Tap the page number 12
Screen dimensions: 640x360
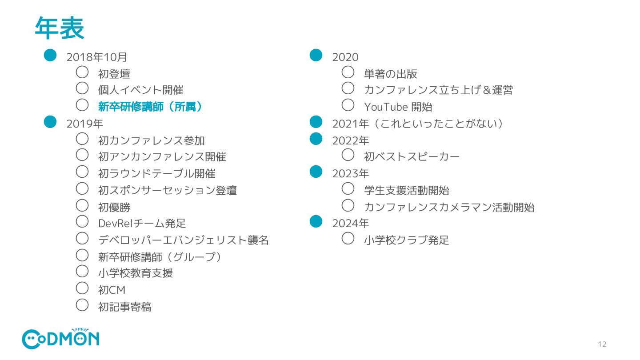[x=602, y=344]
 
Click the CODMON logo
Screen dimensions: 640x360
[x=60, y=339]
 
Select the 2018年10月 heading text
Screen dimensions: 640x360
[x=97, y=57]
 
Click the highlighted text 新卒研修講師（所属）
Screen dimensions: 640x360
[x=150, y=107]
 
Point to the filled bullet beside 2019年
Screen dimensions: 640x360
[x=50, y=122]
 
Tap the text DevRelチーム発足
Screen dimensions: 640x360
[x=142, y=224]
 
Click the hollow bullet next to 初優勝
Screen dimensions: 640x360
[x=82, y=205]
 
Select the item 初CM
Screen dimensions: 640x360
[x=112, y=290]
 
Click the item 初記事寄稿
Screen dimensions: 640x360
[x=124, y=307]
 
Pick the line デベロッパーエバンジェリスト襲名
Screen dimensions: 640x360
[x=183, y=240]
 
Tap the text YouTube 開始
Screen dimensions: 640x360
[x=398, y=107]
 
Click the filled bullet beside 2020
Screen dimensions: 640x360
[x=316, y=55]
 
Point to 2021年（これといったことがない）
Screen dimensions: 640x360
[x=417, y=124]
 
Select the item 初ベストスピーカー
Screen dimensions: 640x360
[x=412, y=157]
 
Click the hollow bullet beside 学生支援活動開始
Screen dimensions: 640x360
[x=348, y=188]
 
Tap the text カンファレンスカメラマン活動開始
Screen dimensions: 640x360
[x=449, y=207]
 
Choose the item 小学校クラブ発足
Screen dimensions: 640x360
[x=406, y=240]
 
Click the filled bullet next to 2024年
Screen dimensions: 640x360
[x=316, y=221]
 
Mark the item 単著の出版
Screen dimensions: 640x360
[x=390, y=74]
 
